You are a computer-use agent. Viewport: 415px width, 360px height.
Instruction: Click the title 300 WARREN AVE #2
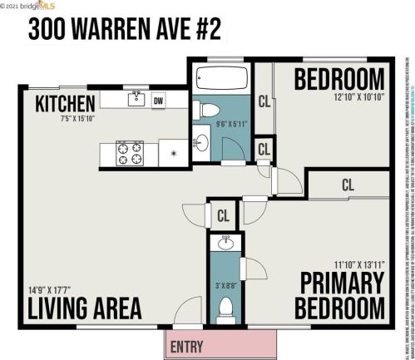point(125,28)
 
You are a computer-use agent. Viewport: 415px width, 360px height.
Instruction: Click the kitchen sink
point(137,101)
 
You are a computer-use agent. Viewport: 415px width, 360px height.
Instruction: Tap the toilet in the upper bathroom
point(208,111)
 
